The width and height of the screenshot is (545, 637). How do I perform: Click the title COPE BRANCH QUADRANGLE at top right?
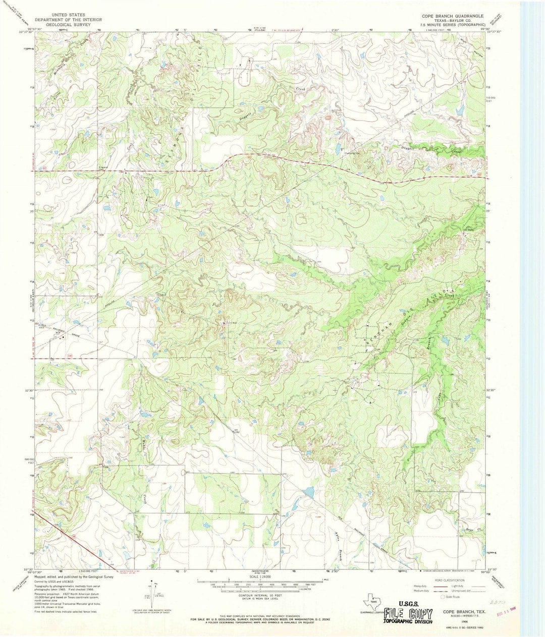click(454, 16)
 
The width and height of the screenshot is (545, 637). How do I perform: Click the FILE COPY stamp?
click(408, 614)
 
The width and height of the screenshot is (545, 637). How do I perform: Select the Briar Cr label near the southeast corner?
click(471, 530)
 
